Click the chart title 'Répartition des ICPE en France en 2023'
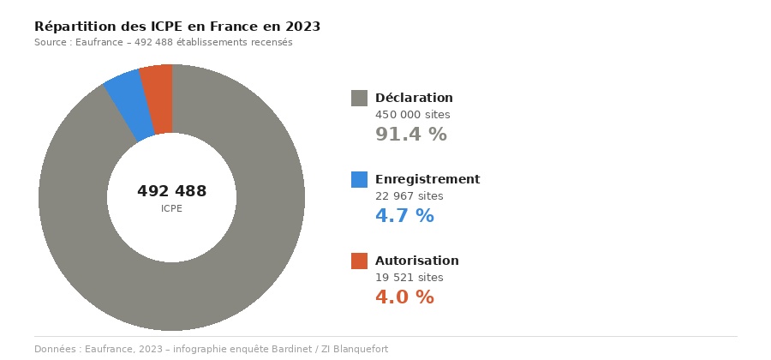point(177,27)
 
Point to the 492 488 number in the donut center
point(171,191)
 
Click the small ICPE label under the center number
point(171,209)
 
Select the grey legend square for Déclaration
point(359,98)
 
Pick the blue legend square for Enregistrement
point(359,179)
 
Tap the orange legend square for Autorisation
point(359,261)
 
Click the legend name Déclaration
point(414,98)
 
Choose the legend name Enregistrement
point(427,179)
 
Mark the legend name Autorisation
point(417,261)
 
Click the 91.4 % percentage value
point(411,135)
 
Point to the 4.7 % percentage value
point(404,216)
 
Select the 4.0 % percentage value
point(404,297)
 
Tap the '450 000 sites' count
point(412,115)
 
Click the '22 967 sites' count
point(409,196)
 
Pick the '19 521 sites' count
point(409,278)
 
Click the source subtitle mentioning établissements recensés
point(163,43)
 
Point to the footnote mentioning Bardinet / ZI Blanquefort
point(211,349)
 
